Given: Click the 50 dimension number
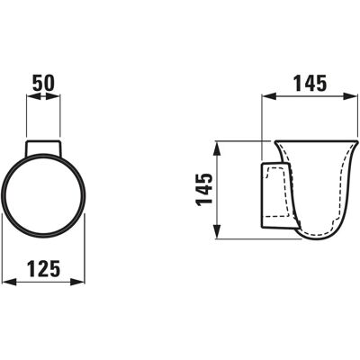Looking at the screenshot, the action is pyautogui.click(x=43, y=83).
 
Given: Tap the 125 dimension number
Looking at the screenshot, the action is pyautogui.click(x=44, y=269).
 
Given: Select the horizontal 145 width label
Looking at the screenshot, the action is pyautogui.click(x=310, y=83).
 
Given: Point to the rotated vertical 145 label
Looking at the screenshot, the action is pyautogui.click(x=204, y=190).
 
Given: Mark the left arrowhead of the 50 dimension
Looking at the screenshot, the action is pyautogui.click(x=33, y=96).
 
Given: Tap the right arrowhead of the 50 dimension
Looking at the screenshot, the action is pyautogui.click(x=53, y=96).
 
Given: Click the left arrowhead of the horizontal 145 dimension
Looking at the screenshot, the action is pyautogui.click(x=269, y=96).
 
